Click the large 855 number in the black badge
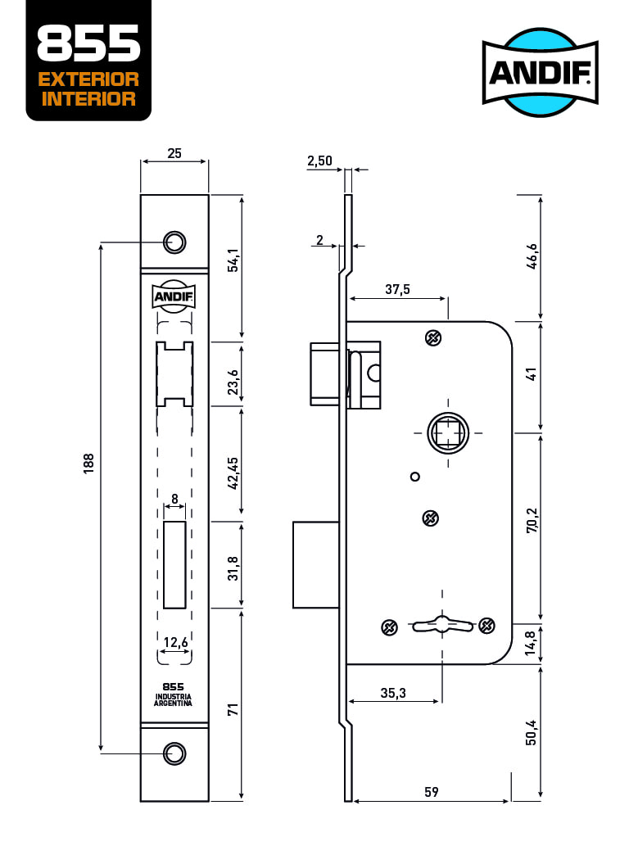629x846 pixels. coord(88,43)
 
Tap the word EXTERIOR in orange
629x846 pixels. coord(88,79)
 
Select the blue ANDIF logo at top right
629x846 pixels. coord(540,72)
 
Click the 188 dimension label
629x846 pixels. coord(88,464)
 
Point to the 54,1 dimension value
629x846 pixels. coord(233,260)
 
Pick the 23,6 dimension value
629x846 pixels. coord(233,382)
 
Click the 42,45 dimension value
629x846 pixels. coord(233,473)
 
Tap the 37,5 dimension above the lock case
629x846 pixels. coord(397,289)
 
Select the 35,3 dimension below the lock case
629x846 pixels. coord(393,693)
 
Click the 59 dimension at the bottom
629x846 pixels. coord(432,791)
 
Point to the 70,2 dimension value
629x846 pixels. coord(532,521)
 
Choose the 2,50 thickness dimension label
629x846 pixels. coord(320,161)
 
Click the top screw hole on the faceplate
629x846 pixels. coord(174,242)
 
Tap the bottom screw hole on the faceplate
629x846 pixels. coord(174,753)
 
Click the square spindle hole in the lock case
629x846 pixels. coord(448,432)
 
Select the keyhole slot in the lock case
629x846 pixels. coord(442,626)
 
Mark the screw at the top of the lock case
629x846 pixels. coord(433,338)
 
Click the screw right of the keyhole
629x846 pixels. coord(487,626)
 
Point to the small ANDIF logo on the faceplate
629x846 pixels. coord(174,296)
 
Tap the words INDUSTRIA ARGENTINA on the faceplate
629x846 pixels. coord(173,699)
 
